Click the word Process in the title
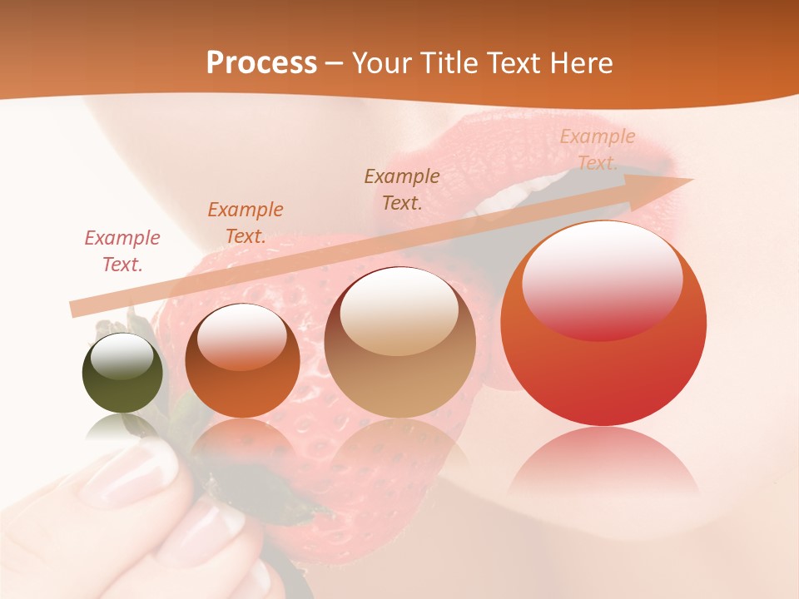tap(261, 63)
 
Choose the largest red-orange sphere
tap(603, 374)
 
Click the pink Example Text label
tap(122, 251)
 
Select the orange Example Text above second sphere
tap(246, 222)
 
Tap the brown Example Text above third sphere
tap(402, 189)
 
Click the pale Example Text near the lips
tap(597, 149)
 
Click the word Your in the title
tap(385, 63)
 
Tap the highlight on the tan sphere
tap(399, 312)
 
